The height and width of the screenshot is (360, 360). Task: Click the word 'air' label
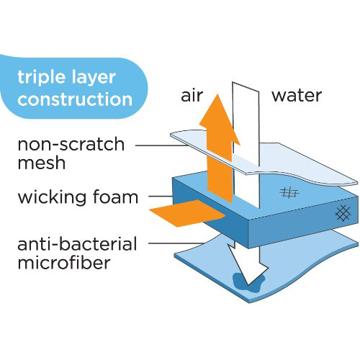pos(192,96)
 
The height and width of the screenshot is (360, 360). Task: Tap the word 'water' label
pos(297,96)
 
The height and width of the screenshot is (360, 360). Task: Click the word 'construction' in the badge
pos(75,99)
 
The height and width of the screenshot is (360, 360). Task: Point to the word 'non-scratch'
pos(71,144)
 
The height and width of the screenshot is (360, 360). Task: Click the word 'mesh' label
pos(42,163)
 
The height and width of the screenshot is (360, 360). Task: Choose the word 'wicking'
pos(52,198)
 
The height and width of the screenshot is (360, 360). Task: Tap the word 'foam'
pos(115,197)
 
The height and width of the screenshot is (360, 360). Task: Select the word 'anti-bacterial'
pos(77,243)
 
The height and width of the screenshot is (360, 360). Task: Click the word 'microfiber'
pos(64,262)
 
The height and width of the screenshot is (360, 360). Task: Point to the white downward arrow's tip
pos(248,284)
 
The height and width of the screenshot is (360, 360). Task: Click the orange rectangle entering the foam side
pos(187,213)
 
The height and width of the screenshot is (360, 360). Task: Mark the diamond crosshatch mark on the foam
pos(343,212)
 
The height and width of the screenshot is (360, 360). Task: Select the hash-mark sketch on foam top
pos(289,192)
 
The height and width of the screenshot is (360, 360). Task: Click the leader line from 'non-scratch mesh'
pos(161,145)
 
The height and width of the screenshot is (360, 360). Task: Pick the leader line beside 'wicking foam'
pos(161,197)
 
